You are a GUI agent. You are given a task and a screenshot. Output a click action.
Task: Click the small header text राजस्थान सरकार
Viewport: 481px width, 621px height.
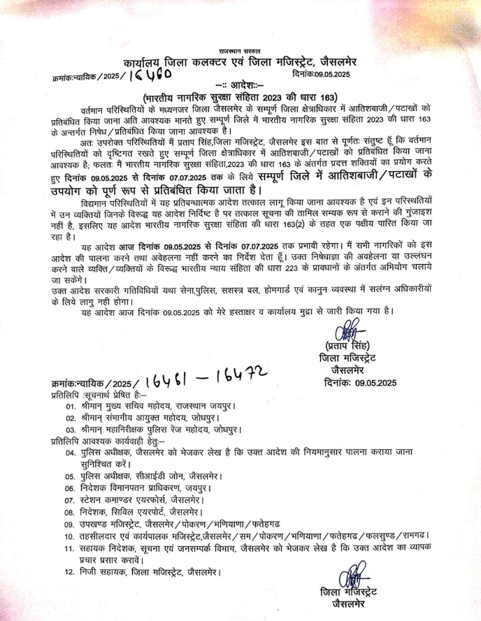(x=240, y=51)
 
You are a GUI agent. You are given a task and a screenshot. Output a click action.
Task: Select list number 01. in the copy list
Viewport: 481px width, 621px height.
(x=70, y=406)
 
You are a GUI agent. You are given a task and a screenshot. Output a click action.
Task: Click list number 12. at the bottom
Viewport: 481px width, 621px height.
(x=70, y=573)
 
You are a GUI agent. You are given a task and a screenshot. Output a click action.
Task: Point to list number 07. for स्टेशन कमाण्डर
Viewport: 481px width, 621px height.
(x=70, y=501)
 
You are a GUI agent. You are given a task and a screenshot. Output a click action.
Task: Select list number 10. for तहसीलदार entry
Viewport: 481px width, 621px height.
(x=70, y=536)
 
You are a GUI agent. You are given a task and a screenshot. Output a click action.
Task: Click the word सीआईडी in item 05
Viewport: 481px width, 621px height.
(x=152, y=476)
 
